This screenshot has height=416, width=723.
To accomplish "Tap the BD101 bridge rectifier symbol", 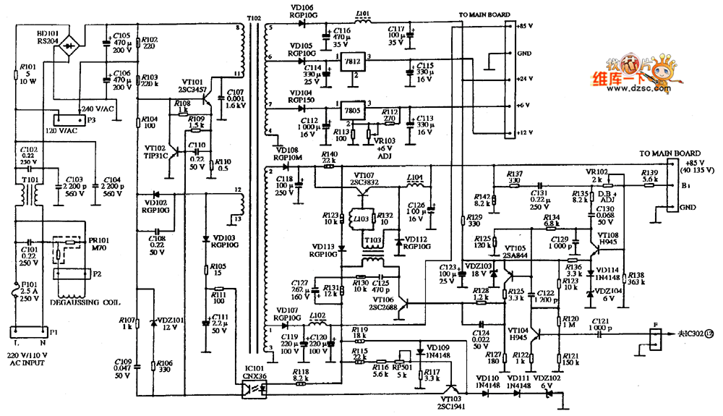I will [69, 50].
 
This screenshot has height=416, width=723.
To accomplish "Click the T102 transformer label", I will [253, 17].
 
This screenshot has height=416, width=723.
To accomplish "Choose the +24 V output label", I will [526, 79].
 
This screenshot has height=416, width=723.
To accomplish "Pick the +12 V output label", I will [526, 133].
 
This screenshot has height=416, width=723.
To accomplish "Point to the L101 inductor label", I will [363, 12].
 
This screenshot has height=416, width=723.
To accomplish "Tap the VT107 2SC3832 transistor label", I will [369, 179].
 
